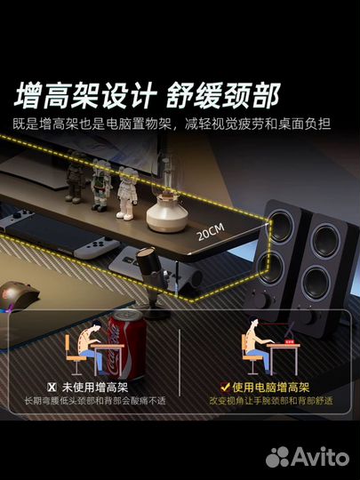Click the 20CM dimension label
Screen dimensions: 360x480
pos(211,232)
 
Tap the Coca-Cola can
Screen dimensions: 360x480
pos(126,345)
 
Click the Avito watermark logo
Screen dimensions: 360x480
pos(308,457)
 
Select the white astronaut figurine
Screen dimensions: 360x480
pos(127,193)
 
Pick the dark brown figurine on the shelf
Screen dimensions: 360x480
pos(75,178)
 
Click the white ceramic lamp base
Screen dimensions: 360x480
pos(167,214)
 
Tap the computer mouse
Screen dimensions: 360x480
pos(18,296)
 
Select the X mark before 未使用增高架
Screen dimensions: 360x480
pos(52,388)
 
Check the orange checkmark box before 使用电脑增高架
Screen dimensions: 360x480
pos(225,388)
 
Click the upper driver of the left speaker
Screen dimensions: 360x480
pos(281,227)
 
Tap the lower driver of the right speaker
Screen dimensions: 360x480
pos(316,283)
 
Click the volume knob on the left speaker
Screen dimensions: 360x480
pos(260,300)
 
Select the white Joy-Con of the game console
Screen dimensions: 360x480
pos(98,247)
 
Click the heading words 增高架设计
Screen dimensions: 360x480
pos(85,95)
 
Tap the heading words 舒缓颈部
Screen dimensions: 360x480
pos(223,95)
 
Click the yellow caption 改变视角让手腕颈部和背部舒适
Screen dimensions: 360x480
pos(271,401)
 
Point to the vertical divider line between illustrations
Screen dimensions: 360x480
pos(180,363)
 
